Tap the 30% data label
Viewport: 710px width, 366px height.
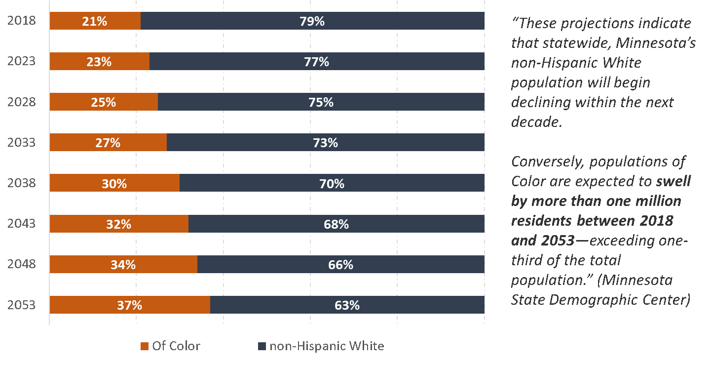tap(114, 184)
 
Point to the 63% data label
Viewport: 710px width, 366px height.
tap(347, 305)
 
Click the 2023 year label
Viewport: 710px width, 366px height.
tap(21, 61)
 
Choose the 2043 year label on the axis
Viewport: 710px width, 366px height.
tap(21, 224)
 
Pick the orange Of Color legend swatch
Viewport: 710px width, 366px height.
tap(144, 346)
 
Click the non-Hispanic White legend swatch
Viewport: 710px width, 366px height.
tap(262, 346)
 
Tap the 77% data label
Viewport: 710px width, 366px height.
tap(316, 62)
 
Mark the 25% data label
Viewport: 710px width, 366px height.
tap(104, 102)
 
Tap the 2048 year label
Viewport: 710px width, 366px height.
tap(21, 264)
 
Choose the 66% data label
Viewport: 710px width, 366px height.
tap(340, 265)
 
